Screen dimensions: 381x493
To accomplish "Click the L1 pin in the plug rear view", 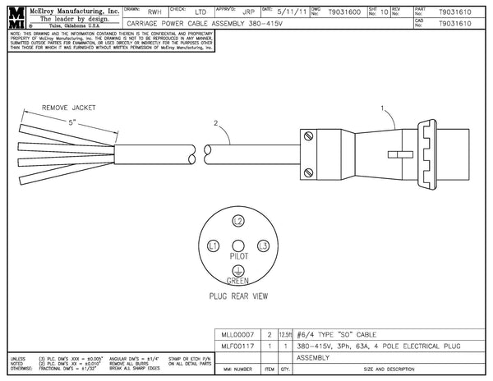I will [213, 246].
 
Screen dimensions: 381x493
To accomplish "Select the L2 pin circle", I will [238, 222].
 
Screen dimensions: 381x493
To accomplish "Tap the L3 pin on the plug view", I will [264, 246].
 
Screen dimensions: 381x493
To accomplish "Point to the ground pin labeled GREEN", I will [238, 270].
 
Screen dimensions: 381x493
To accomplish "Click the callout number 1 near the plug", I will [382, 108].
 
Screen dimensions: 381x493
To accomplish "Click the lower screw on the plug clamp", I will [309, 172].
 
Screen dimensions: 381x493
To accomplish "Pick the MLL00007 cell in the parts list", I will [235, 335].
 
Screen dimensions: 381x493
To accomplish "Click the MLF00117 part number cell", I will [235, 347].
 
